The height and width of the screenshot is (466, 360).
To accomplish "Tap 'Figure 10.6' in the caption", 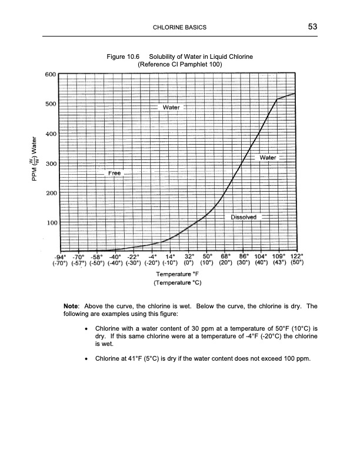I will pyautogui.click(x=122, y=56).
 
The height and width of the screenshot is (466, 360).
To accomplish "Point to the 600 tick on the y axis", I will pyautogui.click(x=50, y=75).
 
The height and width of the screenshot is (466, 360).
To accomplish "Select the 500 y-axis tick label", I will pyautogui.click(x=50, y=104).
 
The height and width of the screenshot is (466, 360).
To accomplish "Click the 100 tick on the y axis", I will pyautogui.click(x=50, y=223).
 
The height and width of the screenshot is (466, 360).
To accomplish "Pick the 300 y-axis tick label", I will pyautogui.click(x=50, y=164).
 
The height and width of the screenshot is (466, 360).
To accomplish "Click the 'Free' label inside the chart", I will pyautogui.click(x=113, y=174).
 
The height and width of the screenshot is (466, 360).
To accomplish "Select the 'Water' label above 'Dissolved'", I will pyautogui.click(x=268, y=158).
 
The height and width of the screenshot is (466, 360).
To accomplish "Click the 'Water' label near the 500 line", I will pyautogui.click(x=171, y=108).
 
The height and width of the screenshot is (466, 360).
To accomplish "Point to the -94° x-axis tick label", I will pyautogui.click(x=58, y=257).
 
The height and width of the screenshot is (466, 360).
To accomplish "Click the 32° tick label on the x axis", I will pyautogui.click(x=190, y=257).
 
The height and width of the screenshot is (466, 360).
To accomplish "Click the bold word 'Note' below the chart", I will pyautogui.click(x=72, y=307).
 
